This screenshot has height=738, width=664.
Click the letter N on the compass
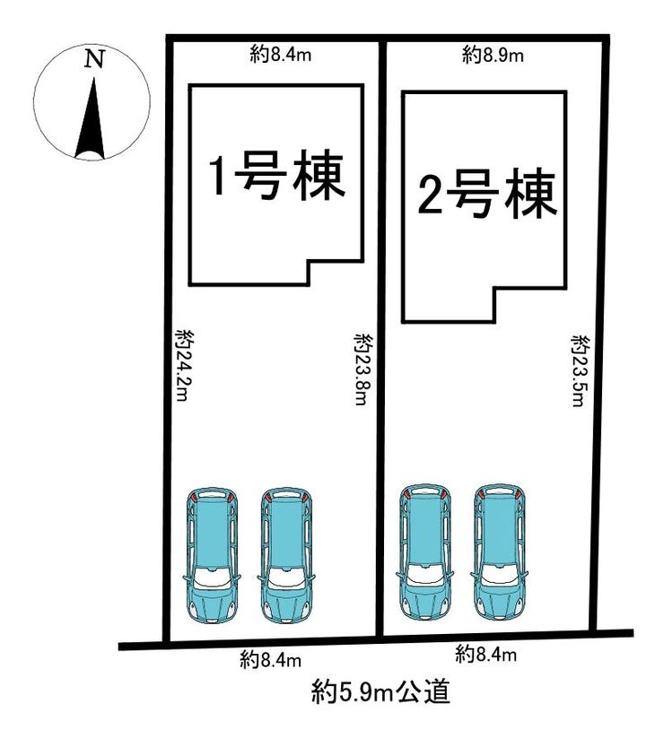[x=94, y=60]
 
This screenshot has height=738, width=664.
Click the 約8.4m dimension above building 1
[x=279, y=56]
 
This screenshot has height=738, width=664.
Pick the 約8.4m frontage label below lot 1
[x=269, y=660]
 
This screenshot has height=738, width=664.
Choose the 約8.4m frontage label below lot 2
[x=485, y=655]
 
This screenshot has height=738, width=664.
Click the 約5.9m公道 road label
[x=380, y=692]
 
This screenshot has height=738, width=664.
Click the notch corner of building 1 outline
[x=309, y=261]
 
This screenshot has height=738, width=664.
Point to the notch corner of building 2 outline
[x=494, y=289]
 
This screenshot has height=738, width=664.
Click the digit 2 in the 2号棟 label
[x=431, y=195]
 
